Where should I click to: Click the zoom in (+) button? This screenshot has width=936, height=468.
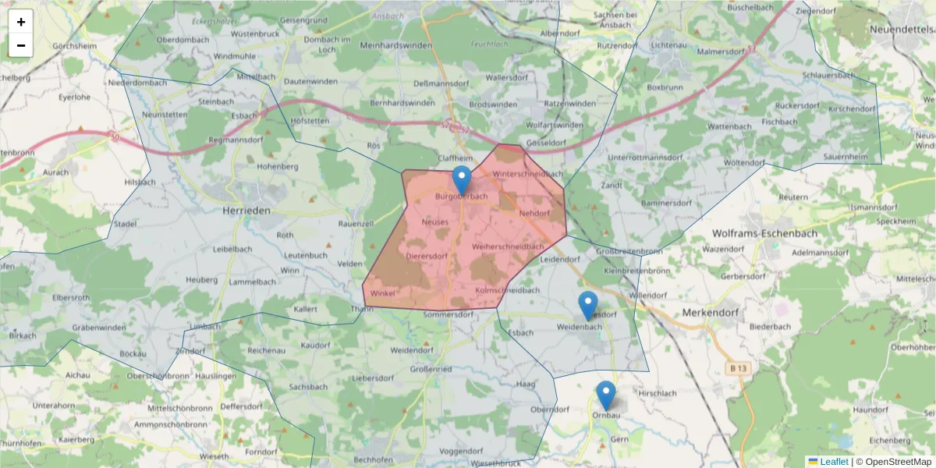click(x=21, y=22)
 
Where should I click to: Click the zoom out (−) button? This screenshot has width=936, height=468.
click(x=21, y=45)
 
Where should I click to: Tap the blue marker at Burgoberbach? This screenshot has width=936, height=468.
click(x=462, y=180)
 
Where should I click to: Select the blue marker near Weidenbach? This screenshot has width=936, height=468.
click(x=588, y=306)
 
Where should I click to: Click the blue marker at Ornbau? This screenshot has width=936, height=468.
click(x=606, y=395)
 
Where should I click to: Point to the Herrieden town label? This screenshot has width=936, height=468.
click(x=246, y=211)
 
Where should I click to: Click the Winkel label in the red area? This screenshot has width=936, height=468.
click(x=383, y=293)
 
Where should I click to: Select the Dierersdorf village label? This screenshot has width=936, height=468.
click(x=427, y=256)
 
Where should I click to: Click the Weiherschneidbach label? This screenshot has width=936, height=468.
click(x=508, y=246)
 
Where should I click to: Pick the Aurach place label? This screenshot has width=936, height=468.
click(x=55, y=172)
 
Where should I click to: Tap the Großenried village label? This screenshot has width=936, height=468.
click(x=431, y=368)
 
